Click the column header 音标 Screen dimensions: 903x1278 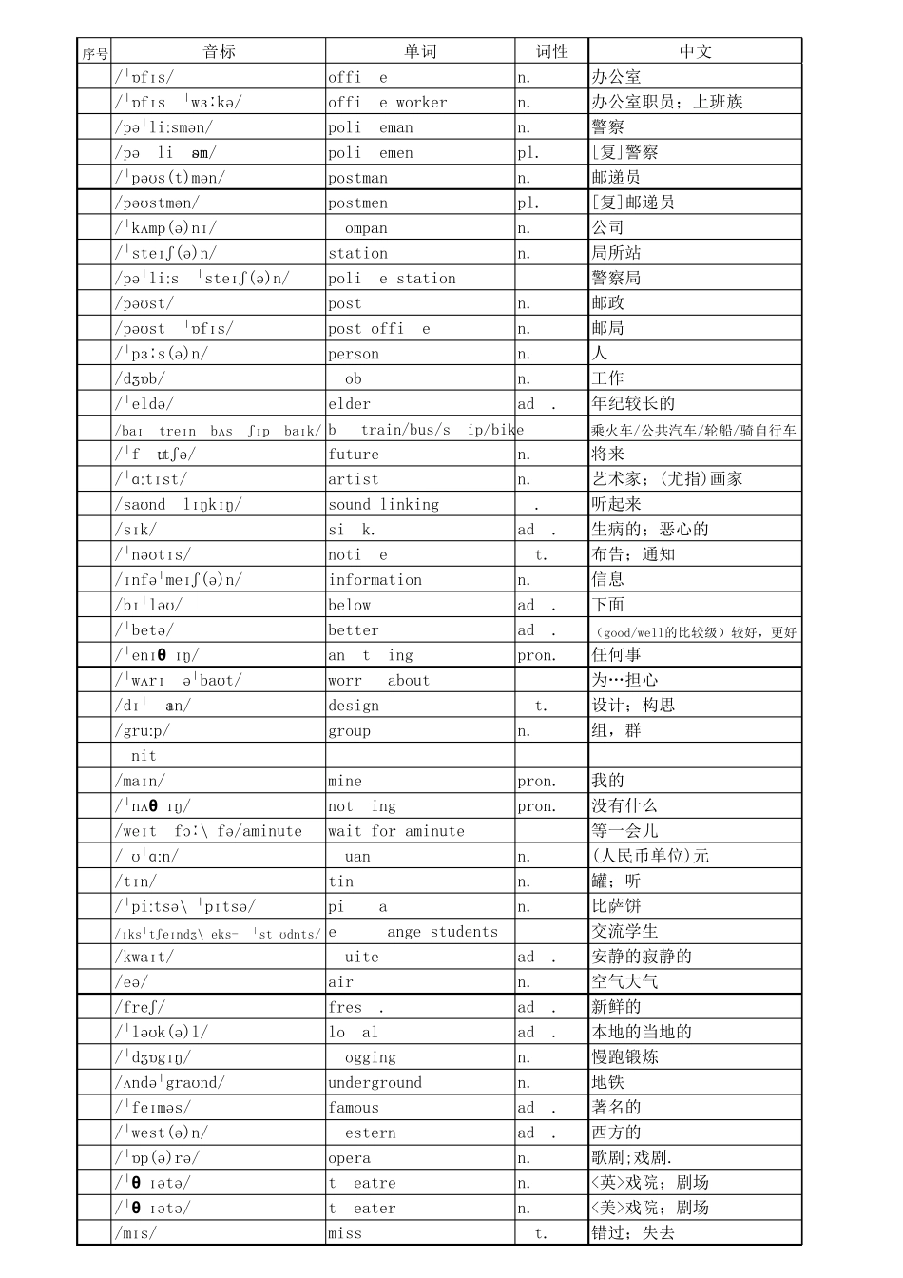(219, 52)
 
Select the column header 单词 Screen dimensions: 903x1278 (420, 52)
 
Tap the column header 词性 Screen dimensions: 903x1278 (551, 52)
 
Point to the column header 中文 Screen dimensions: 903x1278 (695, 52)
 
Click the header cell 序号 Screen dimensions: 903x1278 (95, 54)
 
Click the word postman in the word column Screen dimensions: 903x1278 (358, 178)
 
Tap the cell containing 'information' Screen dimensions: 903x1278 (375, 580)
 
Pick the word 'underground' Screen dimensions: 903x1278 (375, 1083)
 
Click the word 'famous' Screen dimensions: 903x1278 (354, 1108)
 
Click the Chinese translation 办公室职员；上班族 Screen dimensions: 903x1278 (667, 102)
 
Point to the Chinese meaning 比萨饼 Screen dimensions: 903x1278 (617, 906)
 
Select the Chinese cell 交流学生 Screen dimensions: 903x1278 (624, 932)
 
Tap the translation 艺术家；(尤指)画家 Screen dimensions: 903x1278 (667, 479)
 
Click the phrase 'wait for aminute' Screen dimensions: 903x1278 (396, 831)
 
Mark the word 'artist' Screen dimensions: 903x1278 (354, 479)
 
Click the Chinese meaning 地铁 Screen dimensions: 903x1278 (608, 1083)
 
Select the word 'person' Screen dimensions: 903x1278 (354, 354)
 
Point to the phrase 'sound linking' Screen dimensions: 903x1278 (384, 505)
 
